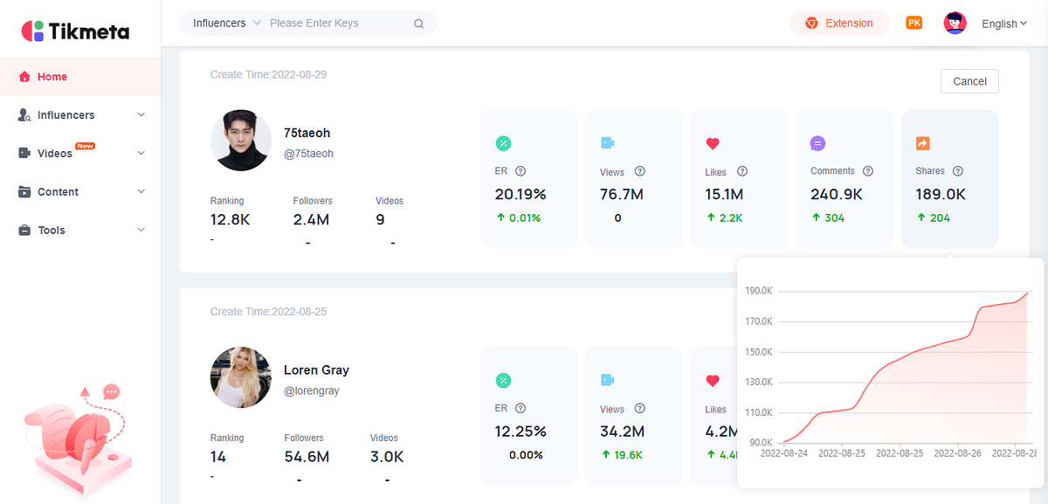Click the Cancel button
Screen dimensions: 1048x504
tap(969, 81)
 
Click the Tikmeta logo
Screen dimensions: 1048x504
tap(75, 31)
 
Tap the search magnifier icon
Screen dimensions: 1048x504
tap(418, 24)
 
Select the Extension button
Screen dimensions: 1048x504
tap(839, 23)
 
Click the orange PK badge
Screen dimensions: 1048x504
tap(914, 23)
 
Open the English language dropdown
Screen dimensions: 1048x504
tap(1004, 24)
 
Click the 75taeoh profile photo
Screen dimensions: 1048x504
tap(241, 141)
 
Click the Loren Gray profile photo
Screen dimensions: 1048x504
tap(241, 377)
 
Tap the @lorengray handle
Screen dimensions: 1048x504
tap(312, 390)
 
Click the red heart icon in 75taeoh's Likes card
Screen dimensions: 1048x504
tap(713, 143)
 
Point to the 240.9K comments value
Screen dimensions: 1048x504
tap(837, 194)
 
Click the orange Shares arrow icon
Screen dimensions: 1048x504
tap(922, 143)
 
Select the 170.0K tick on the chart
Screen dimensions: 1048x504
tap(759, 321)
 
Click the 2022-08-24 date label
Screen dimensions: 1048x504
tap(783, 453)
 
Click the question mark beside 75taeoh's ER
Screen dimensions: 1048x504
tap(521, 171)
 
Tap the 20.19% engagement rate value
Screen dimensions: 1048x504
tap(521, 194)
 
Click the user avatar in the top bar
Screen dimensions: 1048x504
tap(955, 23)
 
